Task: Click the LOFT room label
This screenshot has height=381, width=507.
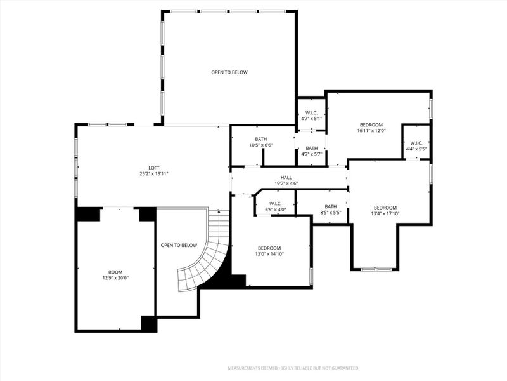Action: (154, 168)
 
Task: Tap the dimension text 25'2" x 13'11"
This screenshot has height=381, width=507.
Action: (154, 174)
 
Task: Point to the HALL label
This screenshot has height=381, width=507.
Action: (286, 178)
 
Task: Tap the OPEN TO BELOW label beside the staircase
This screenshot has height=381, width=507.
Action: (179, 245)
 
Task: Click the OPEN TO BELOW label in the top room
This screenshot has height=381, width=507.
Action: (229, 72)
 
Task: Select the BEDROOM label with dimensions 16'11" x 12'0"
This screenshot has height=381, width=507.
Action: (371, 124)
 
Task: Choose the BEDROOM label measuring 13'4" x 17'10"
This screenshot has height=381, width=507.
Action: (385, 208)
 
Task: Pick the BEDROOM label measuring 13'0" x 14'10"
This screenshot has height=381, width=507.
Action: (269, 248)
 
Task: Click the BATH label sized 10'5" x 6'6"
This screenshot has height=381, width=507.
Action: (261, 139)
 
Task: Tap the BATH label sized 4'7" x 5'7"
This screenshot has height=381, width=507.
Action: (312, 148)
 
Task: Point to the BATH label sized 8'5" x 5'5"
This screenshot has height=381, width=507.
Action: (331, 206)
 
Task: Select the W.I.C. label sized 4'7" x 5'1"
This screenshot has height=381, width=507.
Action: (312, 112)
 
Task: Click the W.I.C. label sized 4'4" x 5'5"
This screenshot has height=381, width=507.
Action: (416, 143)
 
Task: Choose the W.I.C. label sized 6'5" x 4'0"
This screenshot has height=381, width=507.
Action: (275, 204)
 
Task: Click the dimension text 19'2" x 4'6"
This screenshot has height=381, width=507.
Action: (286, 184)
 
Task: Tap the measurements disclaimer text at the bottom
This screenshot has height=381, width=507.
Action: (294, 368)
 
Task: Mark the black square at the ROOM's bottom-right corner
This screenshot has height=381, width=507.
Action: (149, 323)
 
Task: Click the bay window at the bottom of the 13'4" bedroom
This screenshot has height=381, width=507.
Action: (376, 269)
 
